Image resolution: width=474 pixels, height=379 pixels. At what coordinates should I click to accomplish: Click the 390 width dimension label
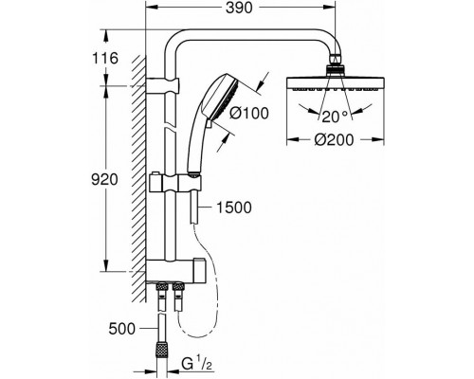point(239,9)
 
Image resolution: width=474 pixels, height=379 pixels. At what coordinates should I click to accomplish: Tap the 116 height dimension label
point(105,58)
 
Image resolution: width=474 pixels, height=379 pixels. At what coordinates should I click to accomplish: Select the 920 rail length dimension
point(104,180)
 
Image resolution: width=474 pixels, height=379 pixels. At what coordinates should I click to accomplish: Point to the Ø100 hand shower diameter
point(249,113)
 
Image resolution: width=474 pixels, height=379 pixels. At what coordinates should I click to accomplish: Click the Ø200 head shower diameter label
point(334,139)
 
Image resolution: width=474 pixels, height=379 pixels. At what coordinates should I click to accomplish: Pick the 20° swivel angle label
point(335,117)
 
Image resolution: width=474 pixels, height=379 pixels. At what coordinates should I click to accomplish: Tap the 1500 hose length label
point(234,208)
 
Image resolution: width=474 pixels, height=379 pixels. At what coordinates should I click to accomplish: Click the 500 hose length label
point(121,329)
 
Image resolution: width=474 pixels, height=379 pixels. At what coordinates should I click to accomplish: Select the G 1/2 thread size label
point(196,365)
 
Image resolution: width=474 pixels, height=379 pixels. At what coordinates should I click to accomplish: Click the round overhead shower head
point(336,82)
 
